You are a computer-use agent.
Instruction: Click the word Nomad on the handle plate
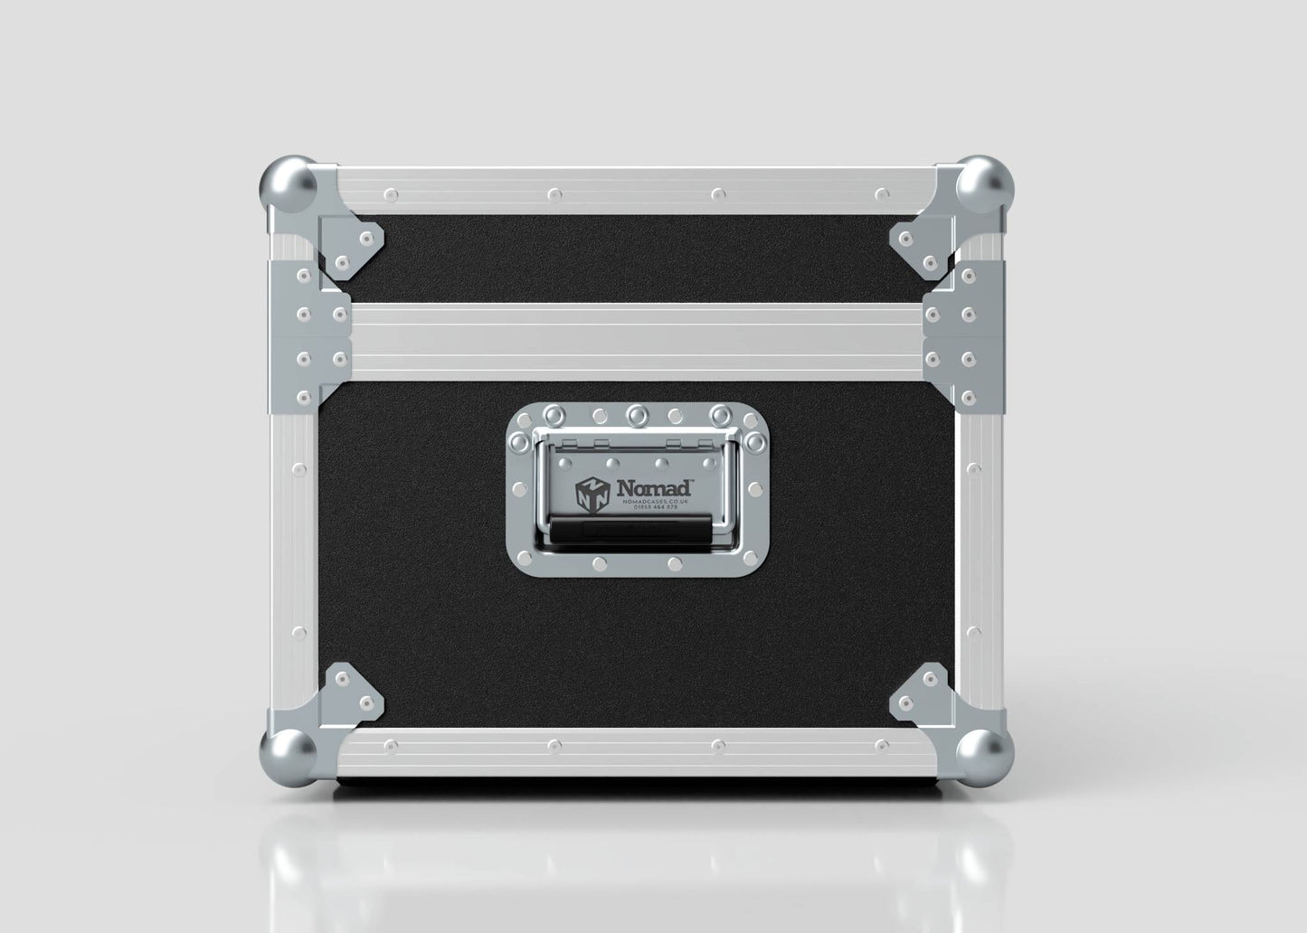tap(654, 488)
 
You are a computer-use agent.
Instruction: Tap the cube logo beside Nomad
tap(592, 493)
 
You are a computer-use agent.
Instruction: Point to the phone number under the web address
tap(658, 508)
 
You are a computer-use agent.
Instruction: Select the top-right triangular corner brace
tap(920, 244)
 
